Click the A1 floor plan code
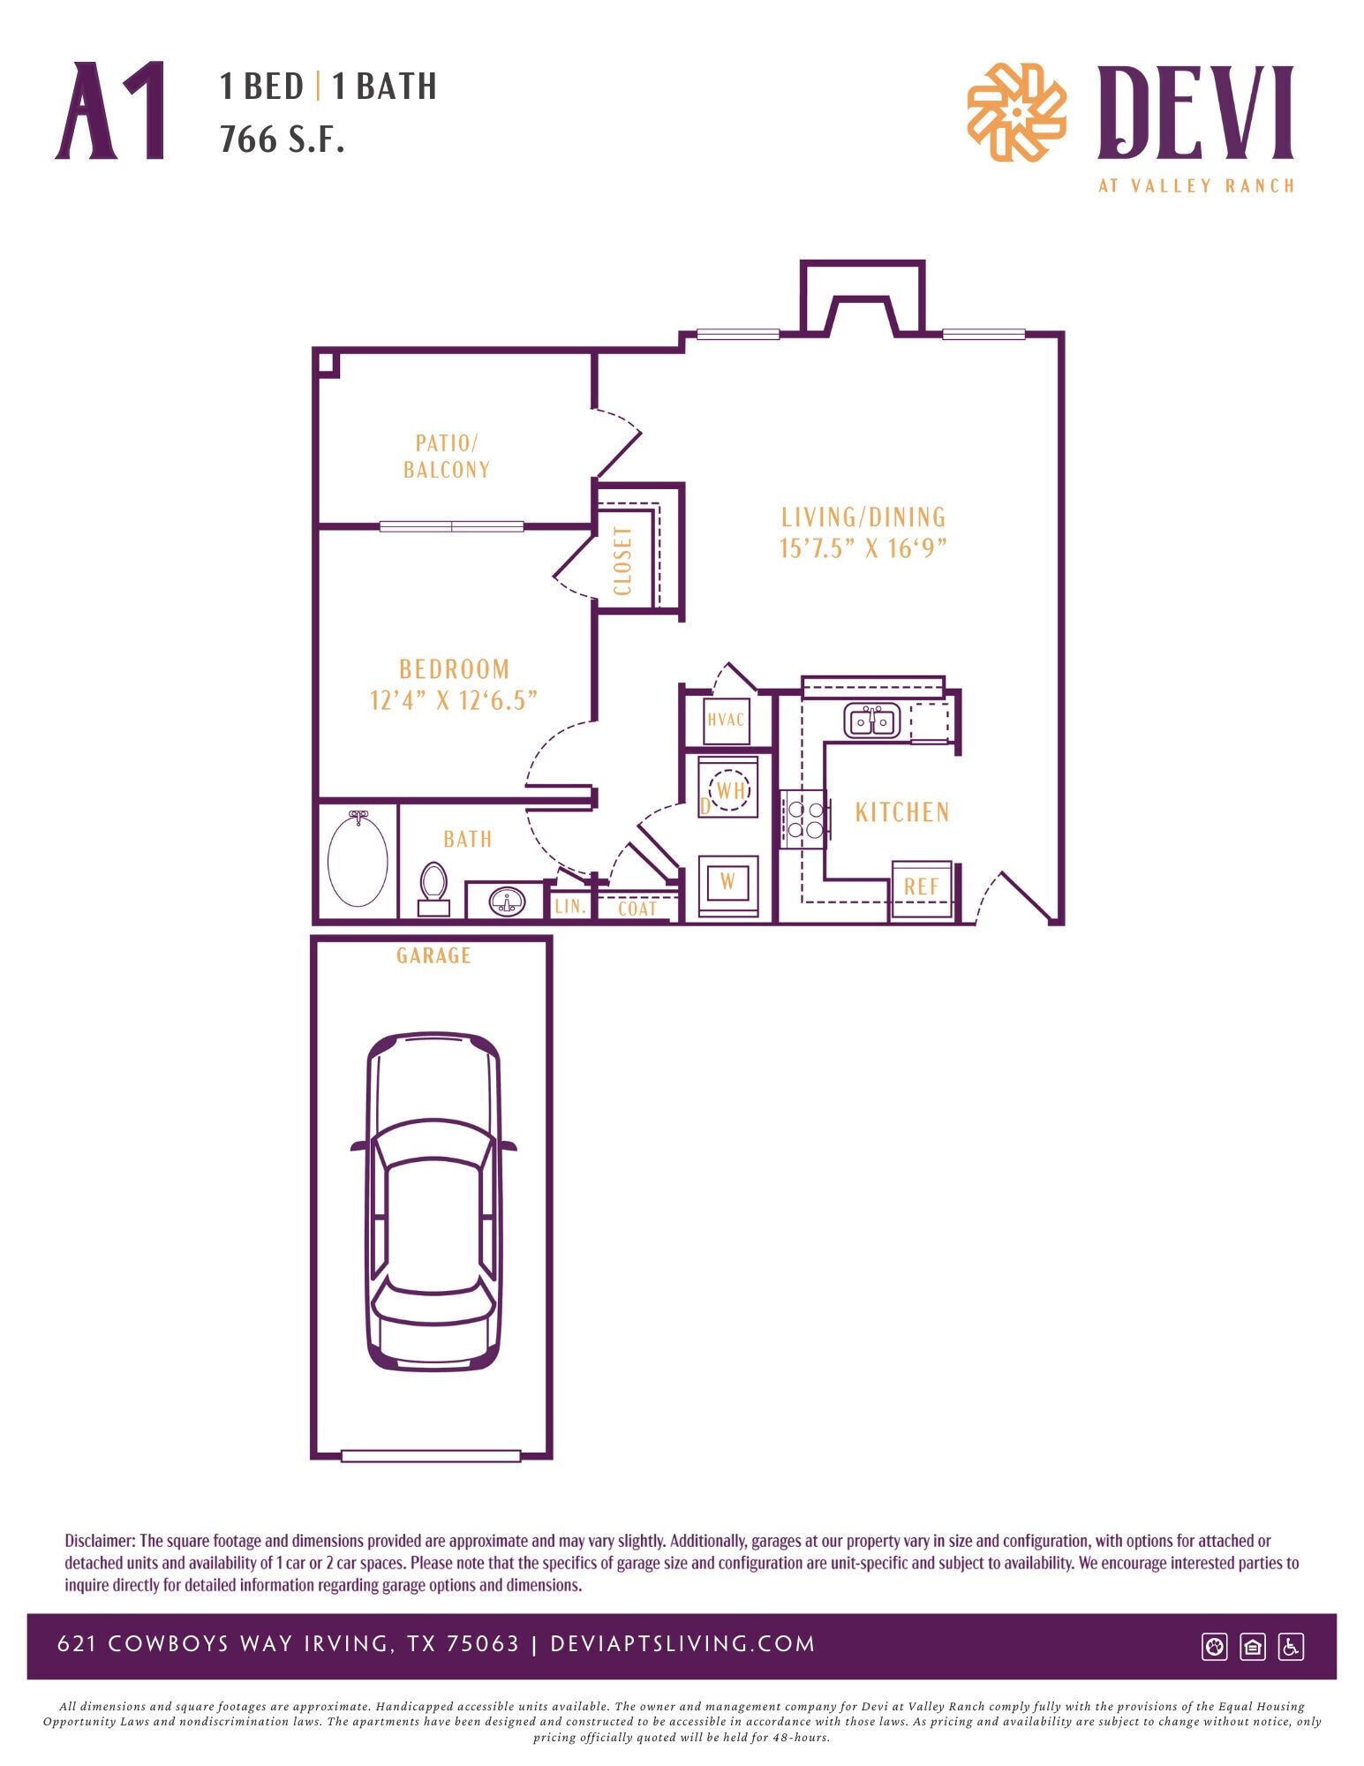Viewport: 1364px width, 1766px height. (112, 111)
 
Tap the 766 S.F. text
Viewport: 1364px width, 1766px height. (282, 139)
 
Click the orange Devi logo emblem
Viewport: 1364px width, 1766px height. (1016, 112)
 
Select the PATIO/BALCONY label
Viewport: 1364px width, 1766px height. (447, 457)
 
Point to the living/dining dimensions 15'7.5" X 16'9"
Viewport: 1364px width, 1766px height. (863, 548)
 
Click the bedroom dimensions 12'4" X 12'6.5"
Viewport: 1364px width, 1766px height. (454, 700)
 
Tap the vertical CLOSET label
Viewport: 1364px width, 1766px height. (623, 561)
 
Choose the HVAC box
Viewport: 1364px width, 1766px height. (727, 719)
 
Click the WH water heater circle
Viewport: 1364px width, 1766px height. (729, 789)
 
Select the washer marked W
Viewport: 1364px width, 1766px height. (728, 881)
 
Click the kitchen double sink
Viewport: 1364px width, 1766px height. (871, 721)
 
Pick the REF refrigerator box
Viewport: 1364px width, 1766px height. (922, 887)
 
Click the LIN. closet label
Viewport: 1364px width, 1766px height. (569, 906)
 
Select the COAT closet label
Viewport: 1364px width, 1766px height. (637, 909)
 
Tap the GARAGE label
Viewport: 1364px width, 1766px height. (433, 955)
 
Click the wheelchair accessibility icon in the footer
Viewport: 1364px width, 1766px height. (1291, 1647)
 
